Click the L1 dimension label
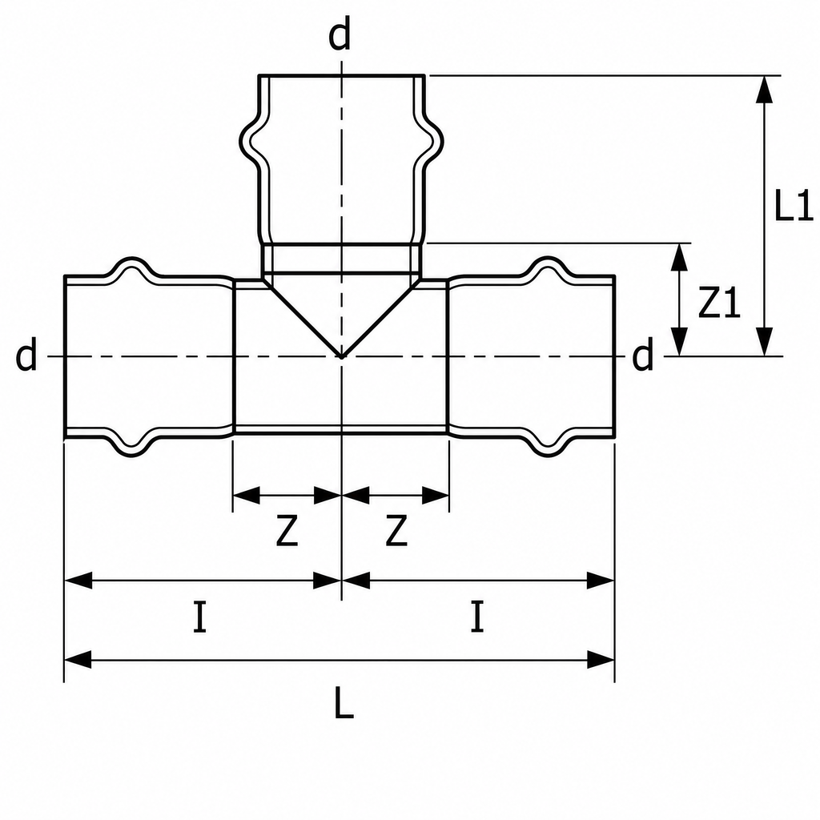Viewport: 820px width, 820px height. (x=794, y=204)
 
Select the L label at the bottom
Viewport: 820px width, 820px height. (x=344, y=701)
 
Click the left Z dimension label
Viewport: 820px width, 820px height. (x=287, y=531)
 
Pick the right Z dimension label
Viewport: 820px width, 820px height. (x=396, y=531)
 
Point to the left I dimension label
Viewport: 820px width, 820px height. (x=199, y=617)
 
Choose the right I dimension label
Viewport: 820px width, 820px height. (x=477, y=617)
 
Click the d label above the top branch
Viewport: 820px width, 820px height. (x=340, y=35)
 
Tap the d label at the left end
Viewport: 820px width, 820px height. (x=26, y=354)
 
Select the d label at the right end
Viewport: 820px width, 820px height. (x=643, y=354)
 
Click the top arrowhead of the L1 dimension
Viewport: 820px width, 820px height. (x=765, y=90)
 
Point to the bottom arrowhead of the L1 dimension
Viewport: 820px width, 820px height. (x=765, y=342)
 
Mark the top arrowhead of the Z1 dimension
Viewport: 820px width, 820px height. (x=679, y=257)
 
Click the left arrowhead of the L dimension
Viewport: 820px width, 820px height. (x=78, y=660)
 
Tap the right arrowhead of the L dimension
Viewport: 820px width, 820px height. (x=601, y=660)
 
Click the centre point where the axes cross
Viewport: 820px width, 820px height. (x=341, y=356)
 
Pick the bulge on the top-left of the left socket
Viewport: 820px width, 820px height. (x=131, y=267)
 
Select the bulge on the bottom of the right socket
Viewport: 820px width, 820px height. (x=548, y=445)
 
